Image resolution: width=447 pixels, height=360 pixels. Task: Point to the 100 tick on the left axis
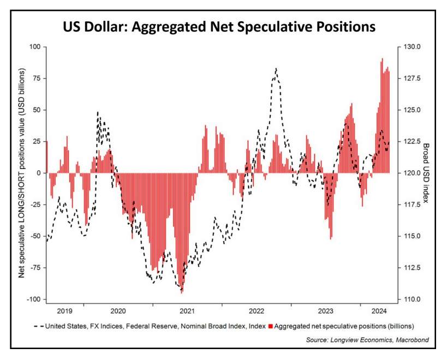(x=35, y=47)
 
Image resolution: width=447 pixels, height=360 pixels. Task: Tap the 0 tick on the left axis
(x=39, y=173)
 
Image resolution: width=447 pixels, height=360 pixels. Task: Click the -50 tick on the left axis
(x=35, y=236)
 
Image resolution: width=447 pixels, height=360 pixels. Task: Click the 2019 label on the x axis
(x=65, y=311)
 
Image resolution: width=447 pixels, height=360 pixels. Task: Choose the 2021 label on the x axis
(x=187, y=311)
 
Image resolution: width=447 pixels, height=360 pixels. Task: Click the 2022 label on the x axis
(x=257, y=311)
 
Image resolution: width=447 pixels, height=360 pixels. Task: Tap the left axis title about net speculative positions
(x=22, y=173)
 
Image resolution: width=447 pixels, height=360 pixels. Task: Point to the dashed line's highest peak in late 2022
(x=277, y=69)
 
